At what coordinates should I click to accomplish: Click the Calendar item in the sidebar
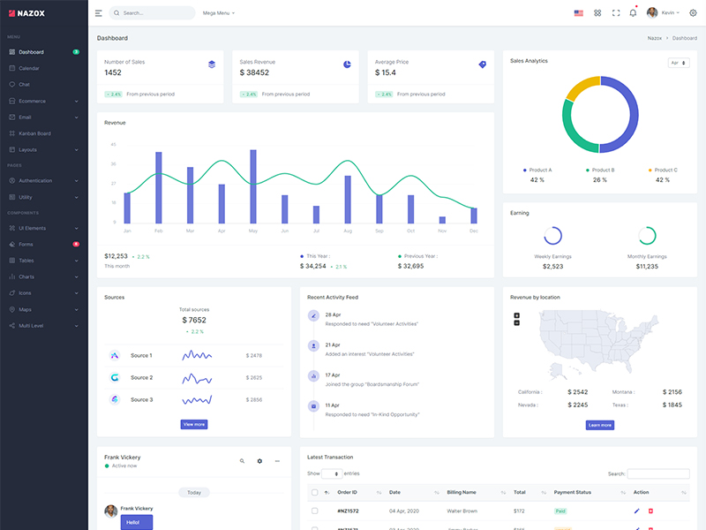tap(29, 68)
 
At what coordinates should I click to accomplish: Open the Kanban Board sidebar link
tap(34, 133)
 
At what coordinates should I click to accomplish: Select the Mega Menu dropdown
tap(219, 13)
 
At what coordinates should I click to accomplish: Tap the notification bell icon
tap(633, 13)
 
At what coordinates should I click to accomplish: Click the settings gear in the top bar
tap(693, 13)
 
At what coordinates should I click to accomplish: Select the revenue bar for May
tap(253, 186)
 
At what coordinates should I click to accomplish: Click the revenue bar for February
tap(159, 187)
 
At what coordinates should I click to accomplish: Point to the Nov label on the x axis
tap(442, 231)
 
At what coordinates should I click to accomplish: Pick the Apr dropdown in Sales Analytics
tap(679, 63)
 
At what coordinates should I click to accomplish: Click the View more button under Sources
tap(194, 425)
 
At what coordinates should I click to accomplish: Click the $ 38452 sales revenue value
tap(254, 72)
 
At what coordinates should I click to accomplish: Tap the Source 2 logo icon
tap(115, 377)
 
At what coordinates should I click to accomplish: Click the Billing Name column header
tap(462, 492)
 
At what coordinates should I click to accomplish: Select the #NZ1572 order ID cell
tap(349, 511)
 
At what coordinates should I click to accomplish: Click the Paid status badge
tap(560, 511)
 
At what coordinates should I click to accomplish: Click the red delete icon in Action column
tap(651, 511)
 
